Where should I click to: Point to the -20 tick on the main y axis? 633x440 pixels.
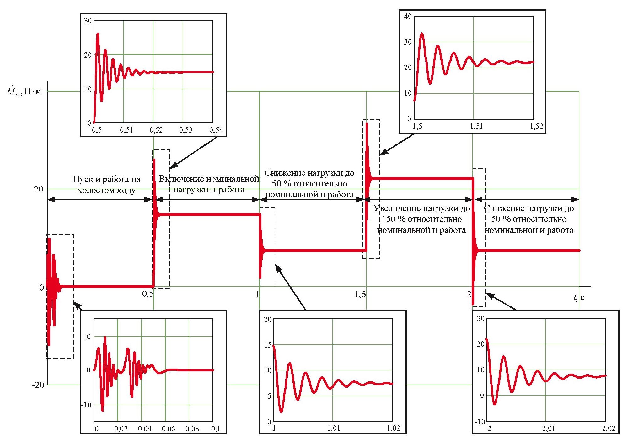(x=38, y=385)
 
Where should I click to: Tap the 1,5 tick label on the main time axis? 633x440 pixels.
(x=360, y=294)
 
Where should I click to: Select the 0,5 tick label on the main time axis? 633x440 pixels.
(x=148, y=294)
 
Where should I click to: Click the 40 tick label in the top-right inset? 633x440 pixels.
(x=408, y=17)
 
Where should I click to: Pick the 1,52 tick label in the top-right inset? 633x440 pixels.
(x=536, y=126)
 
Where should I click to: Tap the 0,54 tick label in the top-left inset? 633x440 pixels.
(x=216, y=130)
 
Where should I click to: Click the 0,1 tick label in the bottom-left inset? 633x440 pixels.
(x=216, y=429)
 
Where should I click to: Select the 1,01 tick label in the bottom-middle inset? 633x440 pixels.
(x=334, y=428)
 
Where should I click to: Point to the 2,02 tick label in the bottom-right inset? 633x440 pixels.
(x=609, y=428)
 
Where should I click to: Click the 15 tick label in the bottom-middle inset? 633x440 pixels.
(x=268, y=345)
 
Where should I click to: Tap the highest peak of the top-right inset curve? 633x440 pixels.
(x=422, y=33)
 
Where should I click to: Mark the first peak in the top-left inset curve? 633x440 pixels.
(x=98, y=34)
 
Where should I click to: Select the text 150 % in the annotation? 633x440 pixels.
(x=393, y=219)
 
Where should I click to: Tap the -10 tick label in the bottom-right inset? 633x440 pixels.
(x=480, y=422)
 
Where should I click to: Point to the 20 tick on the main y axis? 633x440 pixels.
(x=39, y=189)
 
